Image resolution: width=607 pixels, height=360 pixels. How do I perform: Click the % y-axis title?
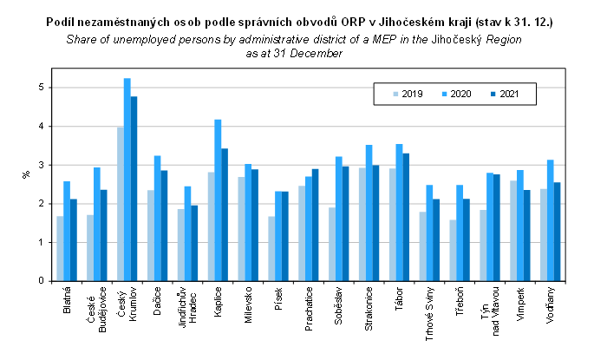[x=25, y=174]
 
